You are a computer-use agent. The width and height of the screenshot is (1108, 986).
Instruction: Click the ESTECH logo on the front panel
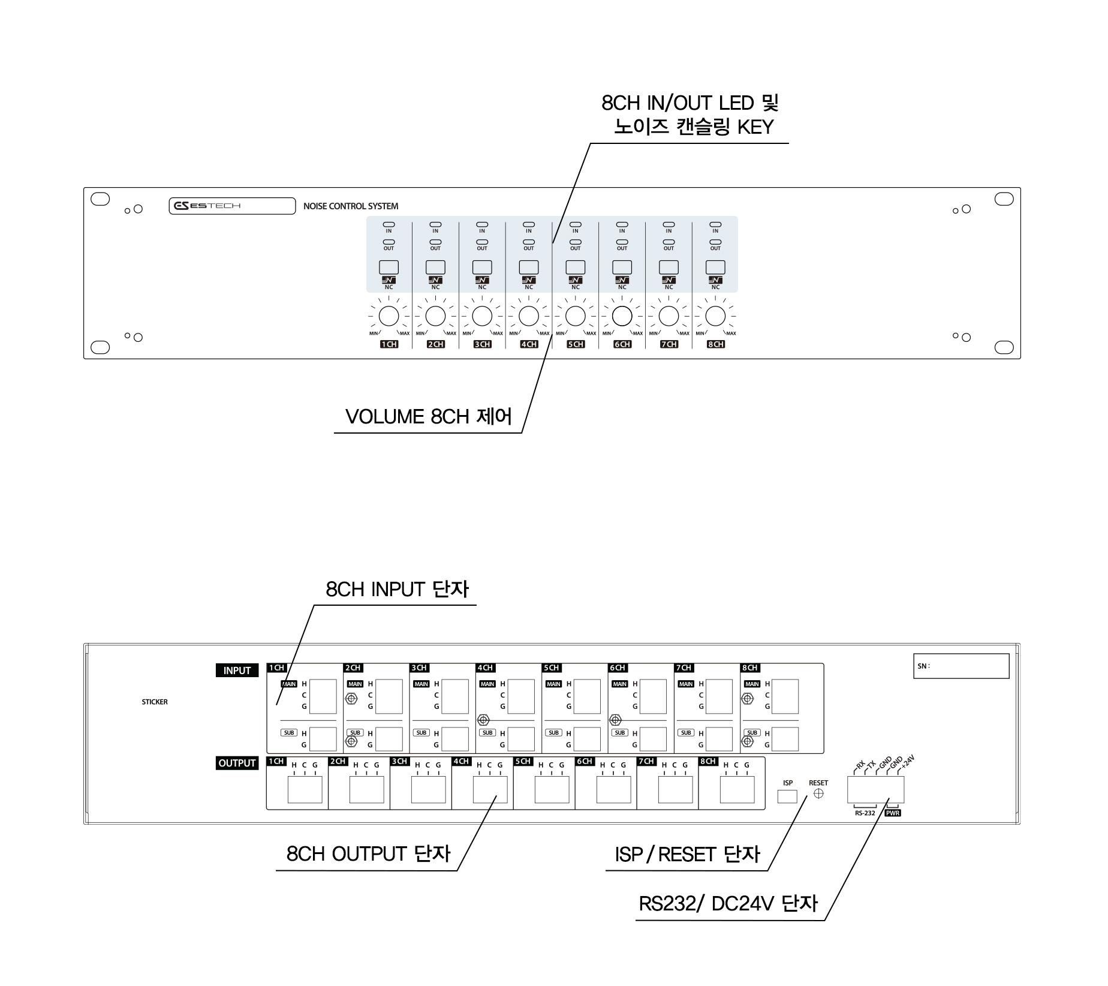[207, 206]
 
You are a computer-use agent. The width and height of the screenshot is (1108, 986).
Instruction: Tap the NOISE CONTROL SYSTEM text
[351, 206]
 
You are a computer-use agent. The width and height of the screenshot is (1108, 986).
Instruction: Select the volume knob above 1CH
[389, 316]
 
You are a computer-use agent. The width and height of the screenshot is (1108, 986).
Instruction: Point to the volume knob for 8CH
[715, 316]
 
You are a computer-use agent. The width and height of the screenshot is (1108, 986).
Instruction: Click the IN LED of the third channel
[482, 224]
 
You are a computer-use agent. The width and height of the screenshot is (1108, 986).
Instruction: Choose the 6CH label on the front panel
[622, 344]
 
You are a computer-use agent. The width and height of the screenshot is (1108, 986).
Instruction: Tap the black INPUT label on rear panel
[237, 671]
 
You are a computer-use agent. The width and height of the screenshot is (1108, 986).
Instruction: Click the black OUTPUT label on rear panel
[237, 763]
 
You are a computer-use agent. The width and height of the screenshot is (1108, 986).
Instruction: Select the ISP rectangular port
[787, 796]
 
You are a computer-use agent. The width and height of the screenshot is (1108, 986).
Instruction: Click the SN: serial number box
[961, 666]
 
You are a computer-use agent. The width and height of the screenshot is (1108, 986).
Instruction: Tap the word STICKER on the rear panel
[155, 702]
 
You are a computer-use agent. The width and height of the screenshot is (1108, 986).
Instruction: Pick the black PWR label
[893, 813]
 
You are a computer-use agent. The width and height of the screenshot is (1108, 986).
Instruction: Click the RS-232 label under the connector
[865, 813]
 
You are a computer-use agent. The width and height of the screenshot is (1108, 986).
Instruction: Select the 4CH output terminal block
[490, 789]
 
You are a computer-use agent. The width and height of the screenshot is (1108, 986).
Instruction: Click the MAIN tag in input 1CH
[289, 684]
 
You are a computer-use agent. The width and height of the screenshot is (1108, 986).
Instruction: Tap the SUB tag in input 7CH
[686, 733]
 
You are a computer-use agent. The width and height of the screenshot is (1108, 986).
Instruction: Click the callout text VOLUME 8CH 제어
[429, 417]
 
